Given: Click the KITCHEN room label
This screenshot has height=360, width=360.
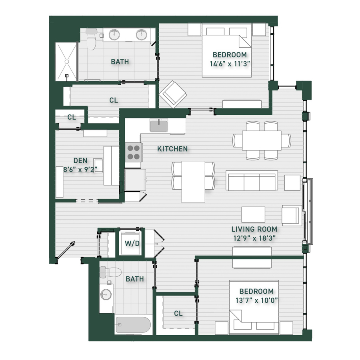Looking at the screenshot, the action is (x=172, y=149).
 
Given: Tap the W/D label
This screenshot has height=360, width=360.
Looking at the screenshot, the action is (x=132, y=243).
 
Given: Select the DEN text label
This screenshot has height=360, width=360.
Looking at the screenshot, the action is (x=80, y=160).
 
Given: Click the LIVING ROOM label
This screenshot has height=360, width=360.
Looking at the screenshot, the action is (x=254, y=229).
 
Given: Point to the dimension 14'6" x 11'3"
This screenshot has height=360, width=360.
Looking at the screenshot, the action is (x=230, y=64).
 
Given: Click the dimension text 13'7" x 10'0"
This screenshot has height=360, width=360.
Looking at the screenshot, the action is (x=257, y=300).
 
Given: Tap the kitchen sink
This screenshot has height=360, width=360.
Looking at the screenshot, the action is (x=159, y=125).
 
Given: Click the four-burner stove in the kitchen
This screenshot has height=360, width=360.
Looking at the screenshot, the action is (x=134, y=152).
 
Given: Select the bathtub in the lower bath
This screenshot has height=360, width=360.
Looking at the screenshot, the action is (x=133, y=325).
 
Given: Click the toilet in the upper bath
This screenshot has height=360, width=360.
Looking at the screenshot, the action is (x=91, y=39).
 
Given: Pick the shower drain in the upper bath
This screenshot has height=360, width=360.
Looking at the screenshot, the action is (x=66, y=62).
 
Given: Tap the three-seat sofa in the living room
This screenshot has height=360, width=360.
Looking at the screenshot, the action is (x=252, y=181).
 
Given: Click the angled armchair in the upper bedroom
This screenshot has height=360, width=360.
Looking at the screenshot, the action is (x=173, y=94).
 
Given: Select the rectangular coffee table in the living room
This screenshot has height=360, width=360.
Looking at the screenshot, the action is (x=253, y=215).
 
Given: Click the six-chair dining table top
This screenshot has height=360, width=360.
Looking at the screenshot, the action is (x=262, y=140).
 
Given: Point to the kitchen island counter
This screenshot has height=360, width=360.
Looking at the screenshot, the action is (x=193, y=182).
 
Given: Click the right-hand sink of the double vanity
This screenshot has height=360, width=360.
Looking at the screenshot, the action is (x=141, y=35).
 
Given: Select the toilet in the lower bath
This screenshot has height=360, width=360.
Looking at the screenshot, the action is (x=110, y=272).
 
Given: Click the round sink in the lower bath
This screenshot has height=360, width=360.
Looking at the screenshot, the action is (x=106, y=294).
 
